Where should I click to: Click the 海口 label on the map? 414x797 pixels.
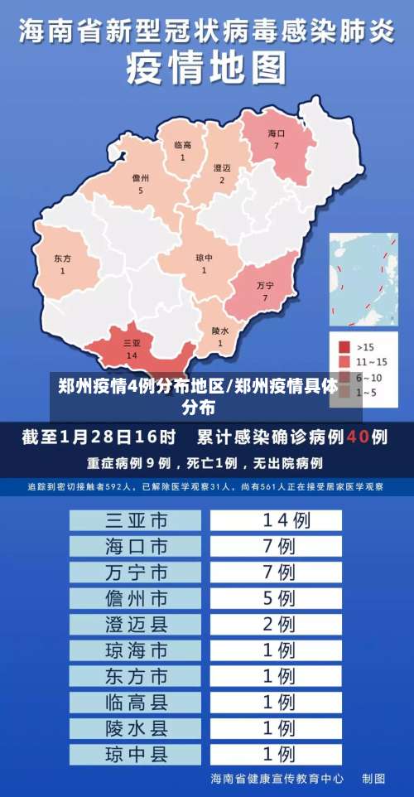pos(277,133)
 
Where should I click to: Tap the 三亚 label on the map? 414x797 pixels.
pos(132,343)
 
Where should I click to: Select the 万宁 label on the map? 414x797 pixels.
pos(265,286)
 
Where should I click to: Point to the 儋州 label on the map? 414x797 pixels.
pos(141,178)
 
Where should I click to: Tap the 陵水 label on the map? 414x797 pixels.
pos(220,331)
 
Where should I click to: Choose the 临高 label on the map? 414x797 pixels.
pos(183,146)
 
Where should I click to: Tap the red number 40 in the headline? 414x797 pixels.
pos(358,436)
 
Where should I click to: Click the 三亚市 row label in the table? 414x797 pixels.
pos(136,520)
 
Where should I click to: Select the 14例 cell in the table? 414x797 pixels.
pos(277,520)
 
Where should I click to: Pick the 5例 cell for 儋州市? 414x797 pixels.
pos(277,597)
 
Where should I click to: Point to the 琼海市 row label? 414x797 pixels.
pos(136,650)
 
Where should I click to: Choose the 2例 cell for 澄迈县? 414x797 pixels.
pos(277,624)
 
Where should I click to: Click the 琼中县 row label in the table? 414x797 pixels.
pos(136,754)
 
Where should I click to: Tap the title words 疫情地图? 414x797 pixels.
pos(207,68)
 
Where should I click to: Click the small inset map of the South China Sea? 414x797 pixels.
pos(363,278)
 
